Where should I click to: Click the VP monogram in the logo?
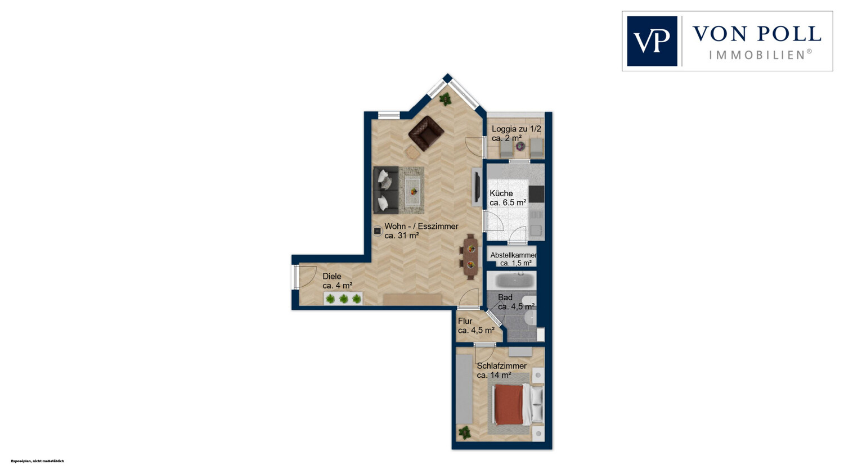[x=652, y=41]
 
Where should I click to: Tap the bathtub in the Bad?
[x=511, y=281]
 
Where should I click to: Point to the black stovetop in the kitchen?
[x=537, y=195]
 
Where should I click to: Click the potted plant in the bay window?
[x=446, y=99]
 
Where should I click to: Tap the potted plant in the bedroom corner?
[x=464, y=432]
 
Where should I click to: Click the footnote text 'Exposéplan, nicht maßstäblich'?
[x=37, y=461]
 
